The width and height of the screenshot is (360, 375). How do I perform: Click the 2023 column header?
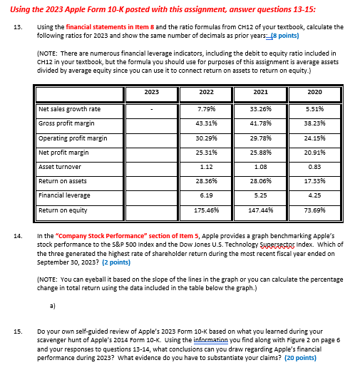click(x=151, y=92)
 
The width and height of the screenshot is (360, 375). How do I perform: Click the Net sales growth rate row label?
click(x=69, y=109)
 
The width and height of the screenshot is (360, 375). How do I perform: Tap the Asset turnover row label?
click(x=61, y=167)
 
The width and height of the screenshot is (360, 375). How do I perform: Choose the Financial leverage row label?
click(x=64, y=195)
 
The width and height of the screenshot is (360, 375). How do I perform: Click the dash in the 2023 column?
click(x=151, y=109)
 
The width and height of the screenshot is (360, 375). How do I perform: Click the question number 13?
click(x=17, y=26)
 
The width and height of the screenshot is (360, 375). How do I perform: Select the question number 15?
click(x=17, y=332)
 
